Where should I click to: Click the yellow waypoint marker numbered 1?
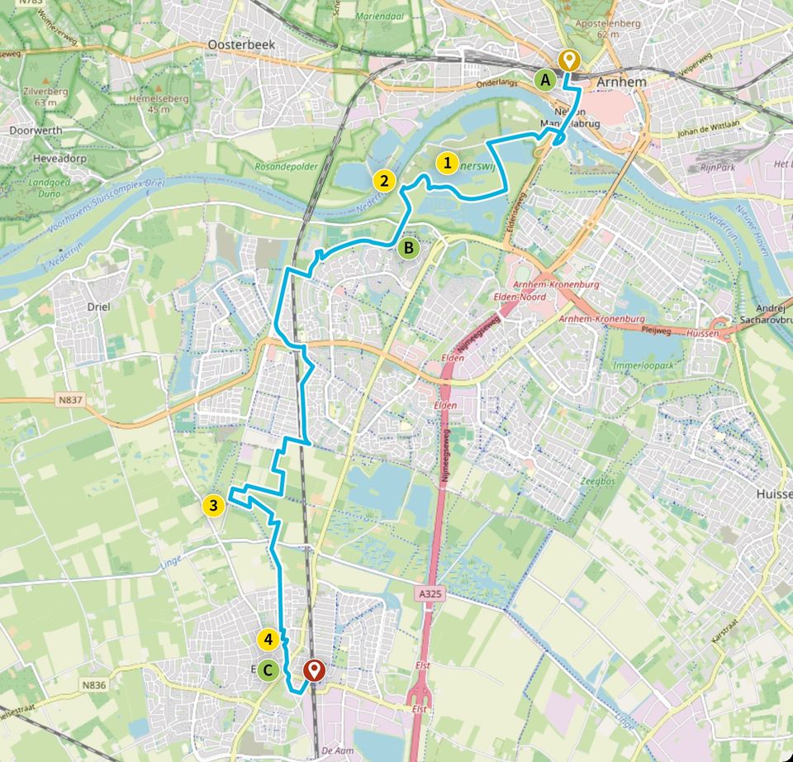(x=447, y=163)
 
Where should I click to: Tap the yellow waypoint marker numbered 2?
(x=383, y=179)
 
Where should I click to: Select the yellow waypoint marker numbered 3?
(x=213, y=505)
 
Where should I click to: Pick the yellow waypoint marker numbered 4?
(x=266, y=639)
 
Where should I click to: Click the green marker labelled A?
(x=544, y=80)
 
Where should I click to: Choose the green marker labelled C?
(x=267, y=669)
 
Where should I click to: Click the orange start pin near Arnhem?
(x=567, y=60)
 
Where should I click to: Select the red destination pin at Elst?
(x=313, y=669)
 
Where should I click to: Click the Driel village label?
(x=98, y=305)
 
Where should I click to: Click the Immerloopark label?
(x=644, y=364)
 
